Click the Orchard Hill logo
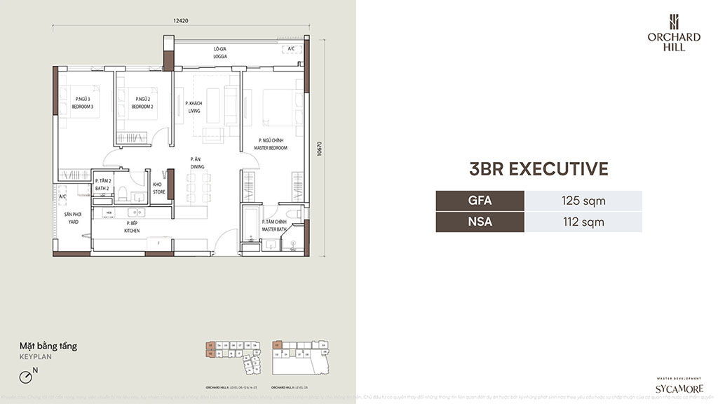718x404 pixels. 673,32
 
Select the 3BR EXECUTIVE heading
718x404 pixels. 538,169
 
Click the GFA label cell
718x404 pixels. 480,201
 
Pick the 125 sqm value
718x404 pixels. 583,201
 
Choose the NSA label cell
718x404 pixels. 480,222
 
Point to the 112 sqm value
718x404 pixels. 583,222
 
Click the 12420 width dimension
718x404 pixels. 181,21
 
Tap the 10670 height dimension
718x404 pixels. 320,149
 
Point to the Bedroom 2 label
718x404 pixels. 142,103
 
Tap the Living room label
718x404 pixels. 194,107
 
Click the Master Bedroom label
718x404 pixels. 270,144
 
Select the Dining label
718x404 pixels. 197,163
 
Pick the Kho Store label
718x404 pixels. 158,188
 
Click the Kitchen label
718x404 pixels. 132,227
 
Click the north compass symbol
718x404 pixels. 27,377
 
